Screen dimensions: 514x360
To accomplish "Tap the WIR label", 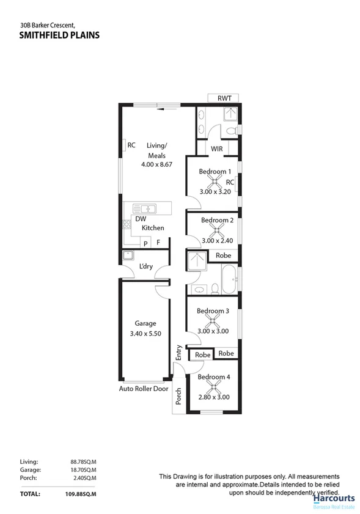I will [x=216, y=149].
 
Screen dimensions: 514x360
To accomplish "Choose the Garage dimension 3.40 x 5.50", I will [x=146, y=334].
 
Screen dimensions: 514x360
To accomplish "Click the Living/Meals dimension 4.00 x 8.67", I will [x=156, y=164].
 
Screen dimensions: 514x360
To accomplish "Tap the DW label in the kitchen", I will [x=141, y=219].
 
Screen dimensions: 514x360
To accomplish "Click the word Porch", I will [x=178, y=397].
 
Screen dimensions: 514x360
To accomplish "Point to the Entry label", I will [x=179, y=353].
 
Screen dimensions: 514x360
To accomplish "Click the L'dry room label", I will [x=146, y=266].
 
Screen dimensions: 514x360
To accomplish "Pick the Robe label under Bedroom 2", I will [x=223, y=255].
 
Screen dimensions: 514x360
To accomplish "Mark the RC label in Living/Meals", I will [x=131, y=145].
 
